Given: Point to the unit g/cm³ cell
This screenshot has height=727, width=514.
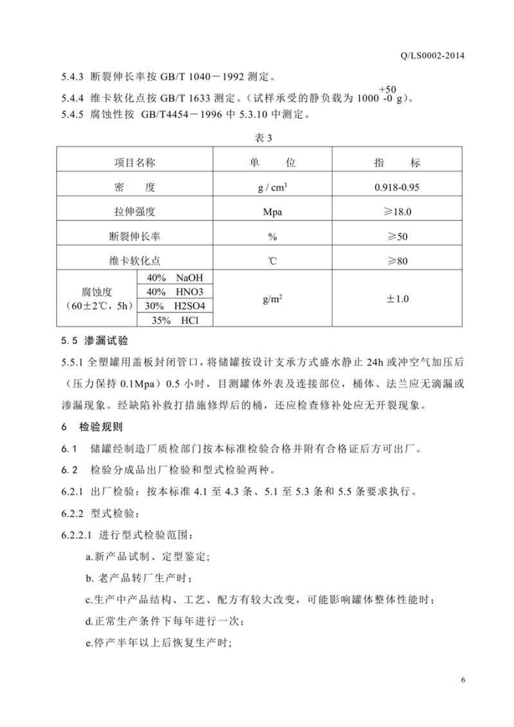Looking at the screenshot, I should pos(272,188).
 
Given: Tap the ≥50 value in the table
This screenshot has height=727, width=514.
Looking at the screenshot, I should pos(397,236).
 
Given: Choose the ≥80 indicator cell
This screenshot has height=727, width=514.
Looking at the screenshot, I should pos(397,260).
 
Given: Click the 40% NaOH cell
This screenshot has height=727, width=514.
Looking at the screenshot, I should pos(175,278).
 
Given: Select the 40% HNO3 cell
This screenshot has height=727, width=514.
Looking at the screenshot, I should pos(175,292).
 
